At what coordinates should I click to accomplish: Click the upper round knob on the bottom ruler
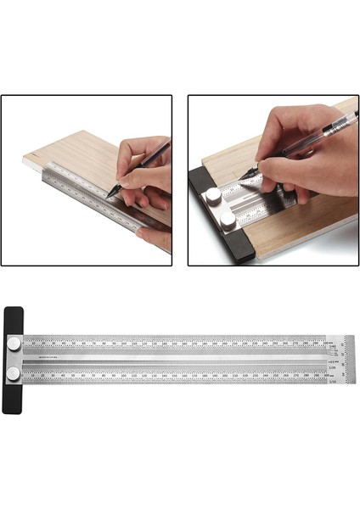(x=14, y=344)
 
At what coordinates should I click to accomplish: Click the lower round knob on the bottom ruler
(x=14, y=372)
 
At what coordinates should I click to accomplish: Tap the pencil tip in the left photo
(x=107, y=197)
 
